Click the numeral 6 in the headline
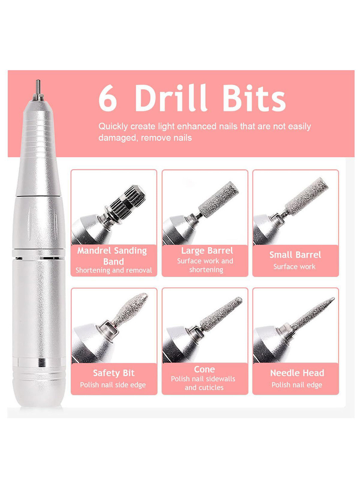[x=108, y=98]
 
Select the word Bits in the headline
[x=254, y=98]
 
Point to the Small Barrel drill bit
[x=307, y=196]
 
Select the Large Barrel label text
[x=207, y=251]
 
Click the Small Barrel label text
[x=295, y=255]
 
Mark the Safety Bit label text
[x=114, y=373]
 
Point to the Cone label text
[x=204, y=369]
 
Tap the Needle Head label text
[x=297, y=373]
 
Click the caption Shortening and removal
[x=114, y=270]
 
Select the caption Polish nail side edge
[x=113, y=385]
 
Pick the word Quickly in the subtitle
[x=113, y=127]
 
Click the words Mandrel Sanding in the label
[x=112, y=251]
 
